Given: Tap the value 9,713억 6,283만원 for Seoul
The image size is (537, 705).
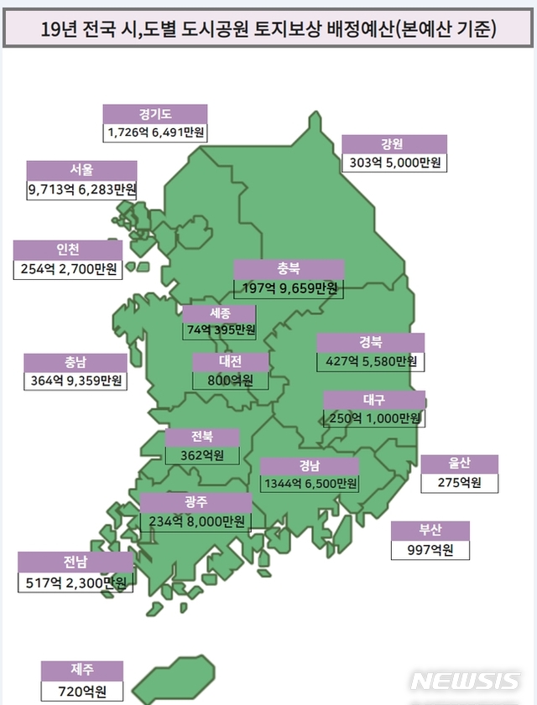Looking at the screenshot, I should [x=81, y=190].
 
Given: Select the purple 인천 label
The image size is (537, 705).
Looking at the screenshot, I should [x=67, y=251].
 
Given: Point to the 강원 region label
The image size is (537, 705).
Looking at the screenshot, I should [x=394, y=143].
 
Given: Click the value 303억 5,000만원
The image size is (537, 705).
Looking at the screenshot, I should [x=394, y=163].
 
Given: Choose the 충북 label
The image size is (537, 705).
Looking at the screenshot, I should [x=289, y=269].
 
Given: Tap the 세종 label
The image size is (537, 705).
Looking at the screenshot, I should [x=220, y=314].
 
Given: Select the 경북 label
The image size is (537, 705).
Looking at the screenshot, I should [x=370, y=343].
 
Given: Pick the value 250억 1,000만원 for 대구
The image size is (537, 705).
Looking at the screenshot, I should [x=373, y=418].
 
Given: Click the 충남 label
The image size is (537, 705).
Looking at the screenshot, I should [x=76, y=363].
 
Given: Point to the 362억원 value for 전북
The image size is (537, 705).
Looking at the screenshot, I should [x=201, y=456].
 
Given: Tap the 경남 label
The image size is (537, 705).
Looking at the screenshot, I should [x=310, y=466].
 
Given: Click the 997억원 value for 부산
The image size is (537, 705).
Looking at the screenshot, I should [x=430, y=550].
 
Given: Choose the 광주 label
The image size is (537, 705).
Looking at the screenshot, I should [x=196, y=502].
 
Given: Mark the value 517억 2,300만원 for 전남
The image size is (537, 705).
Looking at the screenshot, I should [x=75, y=582].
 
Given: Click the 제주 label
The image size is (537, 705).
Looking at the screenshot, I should [x=82, y=671].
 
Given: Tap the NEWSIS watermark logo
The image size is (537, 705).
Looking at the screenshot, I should [x=465, y=681].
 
